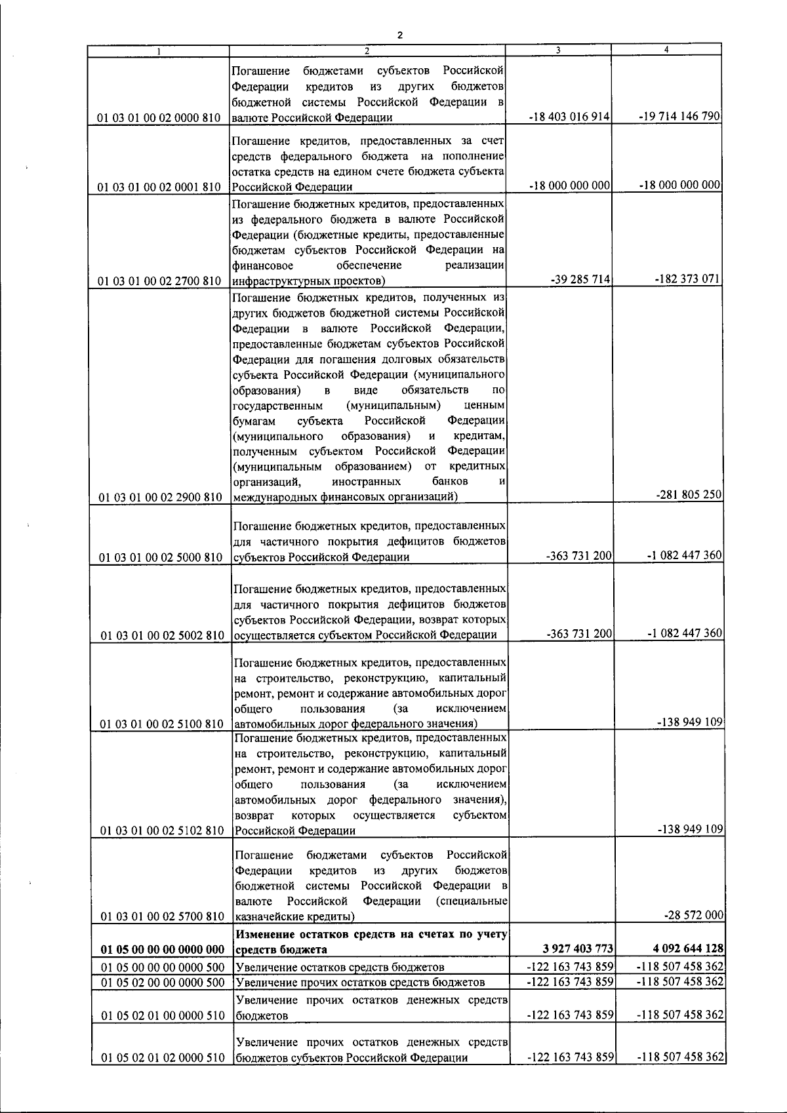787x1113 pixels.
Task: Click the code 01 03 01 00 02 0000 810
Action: (159, 118)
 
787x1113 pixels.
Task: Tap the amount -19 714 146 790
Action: (680, 116)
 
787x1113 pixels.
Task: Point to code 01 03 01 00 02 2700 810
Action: (159, 281)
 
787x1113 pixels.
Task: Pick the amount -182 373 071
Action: (688, 279)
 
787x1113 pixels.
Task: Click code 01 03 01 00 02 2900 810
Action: (161, 498)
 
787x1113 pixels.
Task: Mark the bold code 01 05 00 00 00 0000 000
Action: (161, 950)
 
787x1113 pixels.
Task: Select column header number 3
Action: (557, 49)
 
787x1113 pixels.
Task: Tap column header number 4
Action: (666, 49)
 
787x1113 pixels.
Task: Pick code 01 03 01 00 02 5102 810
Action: (162, 830)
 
